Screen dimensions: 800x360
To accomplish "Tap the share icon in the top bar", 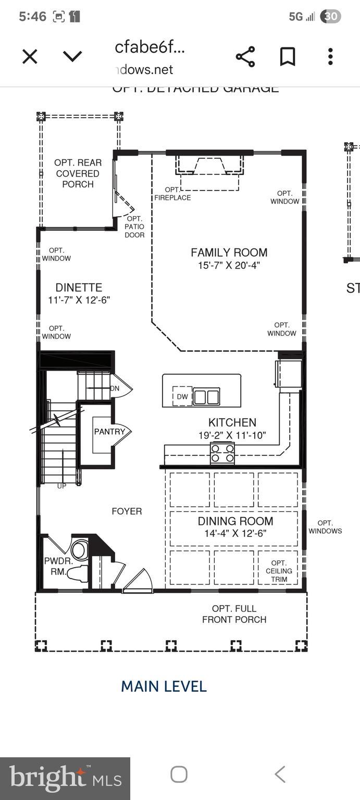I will [x=245, y=56].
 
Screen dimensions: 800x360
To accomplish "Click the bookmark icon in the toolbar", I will [x=288, y=56].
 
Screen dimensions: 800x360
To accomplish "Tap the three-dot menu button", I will [x=330, y=56].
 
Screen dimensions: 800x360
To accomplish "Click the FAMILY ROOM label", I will [x=229, y=253].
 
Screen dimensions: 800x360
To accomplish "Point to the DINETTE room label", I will [x=79, y=287].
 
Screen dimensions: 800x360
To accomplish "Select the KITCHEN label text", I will [x=232, y=422].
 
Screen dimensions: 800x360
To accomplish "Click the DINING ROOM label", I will [x=235, y=521].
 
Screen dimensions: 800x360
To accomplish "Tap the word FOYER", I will [x=127, y=511].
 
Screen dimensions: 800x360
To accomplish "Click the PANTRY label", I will [x=109, y=431].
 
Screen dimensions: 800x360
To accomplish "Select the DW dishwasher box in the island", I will [x=182, y=396].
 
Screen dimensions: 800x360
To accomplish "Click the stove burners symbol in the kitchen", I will [x=222, y=453].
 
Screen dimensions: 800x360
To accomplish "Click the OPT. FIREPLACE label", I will [x=172, y=194].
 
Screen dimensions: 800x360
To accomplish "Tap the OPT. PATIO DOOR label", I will [x=134, y=227].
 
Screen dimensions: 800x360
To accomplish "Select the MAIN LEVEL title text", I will [x=164, y=686].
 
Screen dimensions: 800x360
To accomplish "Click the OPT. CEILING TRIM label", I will [x=279, y=571].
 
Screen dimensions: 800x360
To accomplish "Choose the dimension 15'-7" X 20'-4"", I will [x=229, y=265].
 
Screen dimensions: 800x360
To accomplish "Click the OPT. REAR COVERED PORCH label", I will [x=78, y=173].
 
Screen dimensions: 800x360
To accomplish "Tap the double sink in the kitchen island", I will [x=206, y=397].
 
